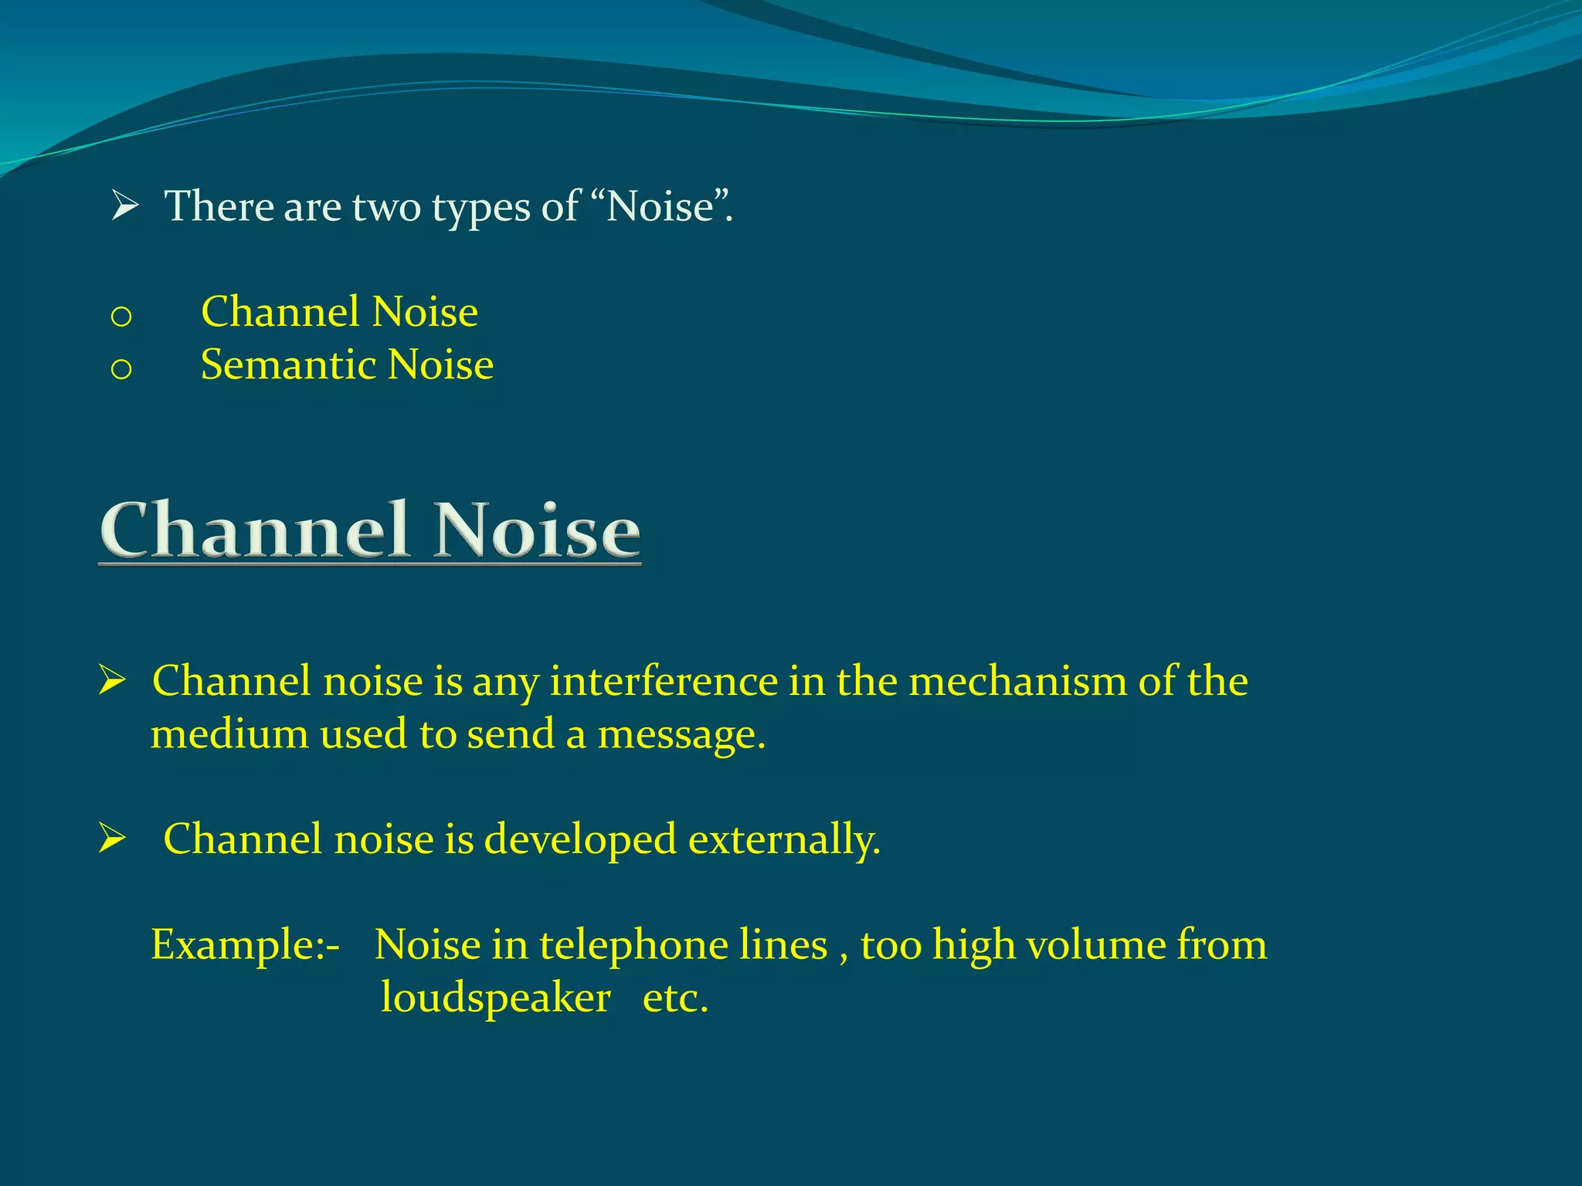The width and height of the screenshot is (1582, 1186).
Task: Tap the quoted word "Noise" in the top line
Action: [661, 207]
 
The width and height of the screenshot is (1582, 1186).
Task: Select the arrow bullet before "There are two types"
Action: [124, 206]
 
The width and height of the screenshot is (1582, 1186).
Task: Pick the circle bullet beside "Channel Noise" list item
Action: [121, 317]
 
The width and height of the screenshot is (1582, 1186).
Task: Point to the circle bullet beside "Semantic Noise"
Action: [121, 369]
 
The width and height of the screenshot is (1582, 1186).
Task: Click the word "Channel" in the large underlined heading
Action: [255, 530]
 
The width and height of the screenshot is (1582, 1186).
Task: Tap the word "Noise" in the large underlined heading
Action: [536, 530]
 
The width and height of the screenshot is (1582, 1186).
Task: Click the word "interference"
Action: [664, 681]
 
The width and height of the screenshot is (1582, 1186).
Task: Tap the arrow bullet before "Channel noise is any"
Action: [113, 680]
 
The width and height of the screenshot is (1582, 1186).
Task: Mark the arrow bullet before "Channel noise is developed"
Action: [113, 839]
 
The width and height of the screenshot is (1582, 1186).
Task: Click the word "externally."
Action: [784, 839]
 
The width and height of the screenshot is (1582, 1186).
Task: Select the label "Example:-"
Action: [245, 945]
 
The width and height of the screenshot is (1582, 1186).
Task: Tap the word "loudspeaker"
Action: [496, 998]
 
